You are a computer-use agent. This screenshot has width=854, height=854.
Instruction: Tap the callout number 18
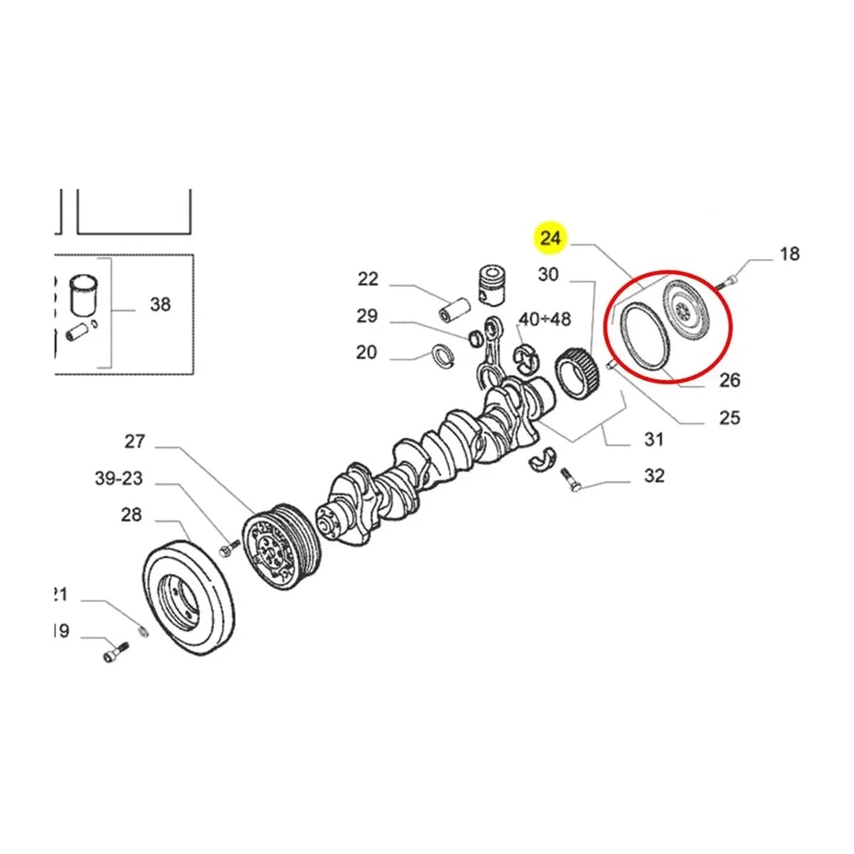point(790,253)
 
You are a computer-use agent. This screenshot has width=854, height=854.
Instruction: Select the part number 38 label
point(160,303)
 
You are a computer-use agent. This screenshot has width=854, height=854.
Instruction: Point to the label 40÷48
point(546,320)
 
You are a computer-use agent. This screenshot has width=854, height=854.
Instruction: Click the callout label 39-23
point(119,478)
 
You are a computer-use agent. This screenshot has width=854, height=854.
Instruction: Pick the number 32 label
point(653,476)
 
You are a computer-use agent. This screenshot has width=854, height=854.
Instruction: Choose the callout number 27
point(135,442)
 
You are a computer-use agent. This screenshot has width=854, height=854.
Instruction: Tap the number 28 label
point(131,515)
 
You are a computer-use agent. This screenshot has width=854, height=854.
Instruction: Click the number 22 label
point(367,278)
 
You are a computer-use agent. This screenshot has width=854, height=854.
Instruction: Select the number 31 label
point(653,439)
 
